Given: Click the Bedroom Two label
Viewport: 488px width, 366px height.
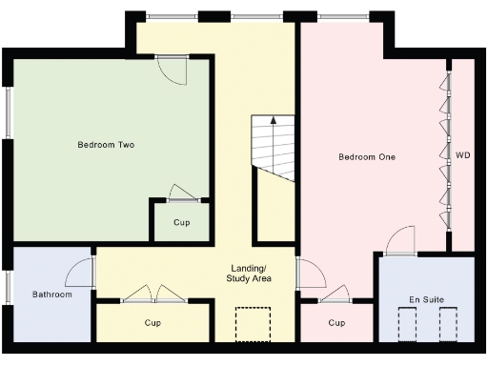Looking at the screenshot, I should coord(105,145).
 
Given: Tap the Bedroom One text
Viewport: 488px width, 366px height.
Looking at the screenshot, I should coord(367,156).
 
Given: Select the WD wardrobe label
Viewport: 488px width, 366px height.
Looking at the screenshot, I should coord(462,154).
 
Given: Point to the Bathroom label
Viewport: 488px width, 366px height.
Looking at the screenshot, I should coord(51,295).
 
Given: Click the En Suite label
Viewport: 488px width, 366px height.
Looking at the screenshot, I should coord(427,300).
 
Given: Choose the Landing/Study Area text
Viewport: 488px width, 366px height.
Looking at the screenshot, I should coord(250,274).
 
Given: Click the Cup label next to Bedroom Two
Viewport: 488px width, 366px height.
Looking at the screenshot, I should coord(181,222).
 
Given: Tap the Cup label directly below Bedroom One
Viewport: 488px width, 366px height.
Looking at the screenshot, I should coord(336,323).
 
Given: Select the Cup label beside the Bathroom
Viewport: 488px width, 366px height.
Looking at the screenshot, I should coord(152,323).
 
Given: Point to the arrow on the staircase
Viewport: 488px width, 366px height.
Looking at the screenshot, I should coord(274,122).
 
